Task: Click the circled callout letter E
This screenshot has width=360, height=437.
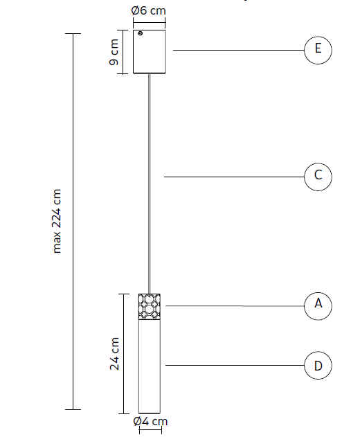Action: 318,48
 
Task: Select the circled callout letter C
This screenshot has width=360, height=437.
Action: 318,175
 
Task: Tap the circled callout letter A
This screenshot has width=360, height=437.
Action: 318,303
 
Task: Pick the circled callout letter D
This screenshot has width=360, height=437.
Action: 318,366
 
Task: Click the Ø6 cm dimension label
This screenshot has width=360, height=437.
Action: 149,10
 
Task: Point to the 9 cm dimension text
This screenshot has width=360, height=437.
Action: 114,52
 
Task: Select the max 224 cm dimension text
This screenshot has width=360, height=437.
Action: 57,221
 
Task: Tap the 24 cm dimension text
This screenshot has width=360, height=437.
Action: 114,354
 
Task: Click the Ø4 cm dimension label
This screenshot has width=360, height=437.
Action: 150,421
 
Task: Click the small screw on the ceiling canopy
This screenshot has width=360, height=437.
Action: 140,33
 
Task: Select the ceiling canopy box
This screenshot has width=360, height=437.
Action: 150,52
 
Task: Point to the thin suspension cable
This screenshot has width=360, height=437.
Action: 150,184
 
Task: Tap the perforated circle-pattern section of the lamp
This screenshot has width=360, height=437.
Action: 150,307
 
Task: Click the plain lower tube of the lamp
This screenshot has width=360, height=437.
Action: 150,366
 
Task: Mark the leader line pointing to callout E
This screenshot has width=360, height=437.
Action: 239,50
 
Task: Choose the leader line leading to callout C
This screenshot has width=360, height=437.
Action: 234,177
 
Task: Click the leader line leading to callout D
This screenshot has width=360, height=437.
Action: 235,365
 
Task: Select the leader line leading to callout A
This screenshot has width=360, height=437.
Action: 235,305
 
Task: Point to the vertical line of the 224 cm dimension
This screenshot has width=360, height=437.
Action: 73,222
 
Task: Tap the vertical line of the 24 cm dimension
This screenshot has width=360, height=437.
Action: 124,354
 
